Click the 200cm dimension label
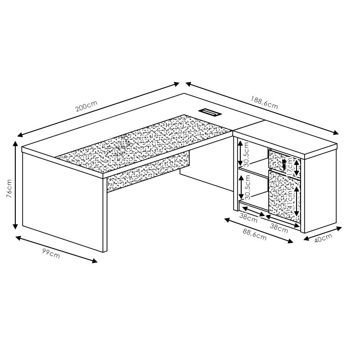pos(86,107)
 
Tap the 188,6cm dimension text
pos(264,103)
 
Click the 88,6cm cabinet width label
pos(254,234)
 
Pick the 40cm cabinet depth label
pos(323,238)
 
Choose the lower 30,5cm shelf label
pos(246,187)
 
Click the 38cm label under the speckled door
pos(279,227)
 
